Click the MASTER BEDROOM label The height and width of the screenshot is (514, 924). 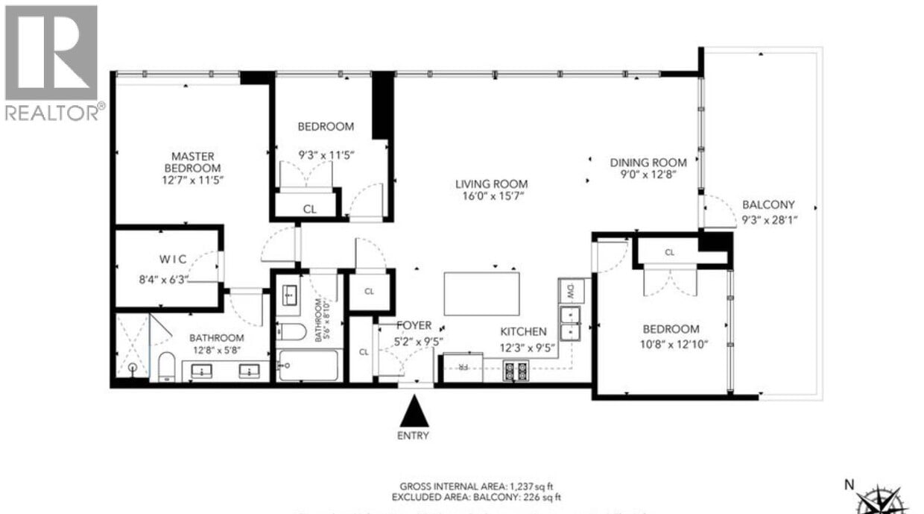tap(193, 162)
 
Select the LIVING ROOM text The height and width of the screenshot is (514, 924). tap(492, 184)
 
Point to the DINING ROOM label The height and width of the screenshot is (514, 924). tap(648, 163)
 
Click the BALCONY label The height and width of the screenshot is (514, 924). tap(768, 204)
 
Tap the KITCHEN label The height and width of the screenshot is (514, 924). tap(522, 331)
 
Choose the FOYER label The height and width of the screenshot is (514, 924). tap(414, 325)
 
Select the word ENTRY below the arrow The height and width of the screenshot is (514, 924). tap(414, 436)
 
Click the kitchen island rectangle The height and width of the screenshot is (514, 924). tap(482, 293)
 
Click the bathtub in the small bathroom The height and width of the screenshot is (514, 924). tap(308, 366)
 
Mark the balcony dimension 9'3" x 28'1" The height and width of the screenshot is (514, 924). tap(768, 220)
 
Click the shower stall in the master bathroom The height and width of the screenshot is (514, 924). tap(133, 348)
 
